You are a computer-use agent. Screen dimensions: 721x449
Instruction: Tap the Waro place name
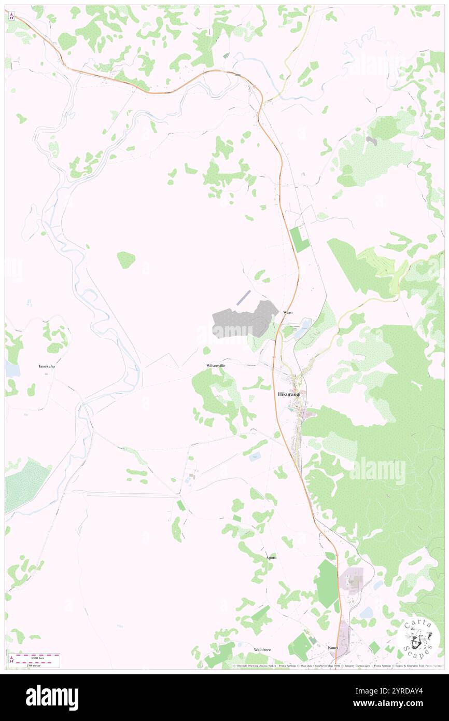click(x=288, y=313)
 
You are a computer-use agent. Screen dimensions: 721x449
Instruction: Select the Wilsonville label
click(x=216, y=366)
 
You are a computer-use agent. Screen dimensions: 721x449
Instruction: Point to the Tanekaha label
click(x=47, y=366)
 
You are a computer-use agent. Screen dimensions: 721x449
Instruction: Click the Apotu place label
click(x=271, y=558)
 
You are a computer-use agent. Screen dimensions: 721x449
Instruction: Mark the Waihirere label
click(x=262, y=649)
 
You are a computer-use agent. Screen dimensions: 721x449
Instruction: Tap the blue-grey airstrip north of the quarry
click(x=243, y=298)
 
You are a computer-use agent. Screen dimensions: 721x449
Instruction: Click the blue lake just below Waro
click(x=302, y=328)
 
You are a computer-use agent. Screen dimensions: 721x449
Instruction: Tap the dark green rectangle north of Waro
click(x=299, y=240)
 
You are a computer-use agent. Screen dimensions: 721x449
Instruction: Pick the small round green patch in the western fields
click(x=126, y=259)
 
